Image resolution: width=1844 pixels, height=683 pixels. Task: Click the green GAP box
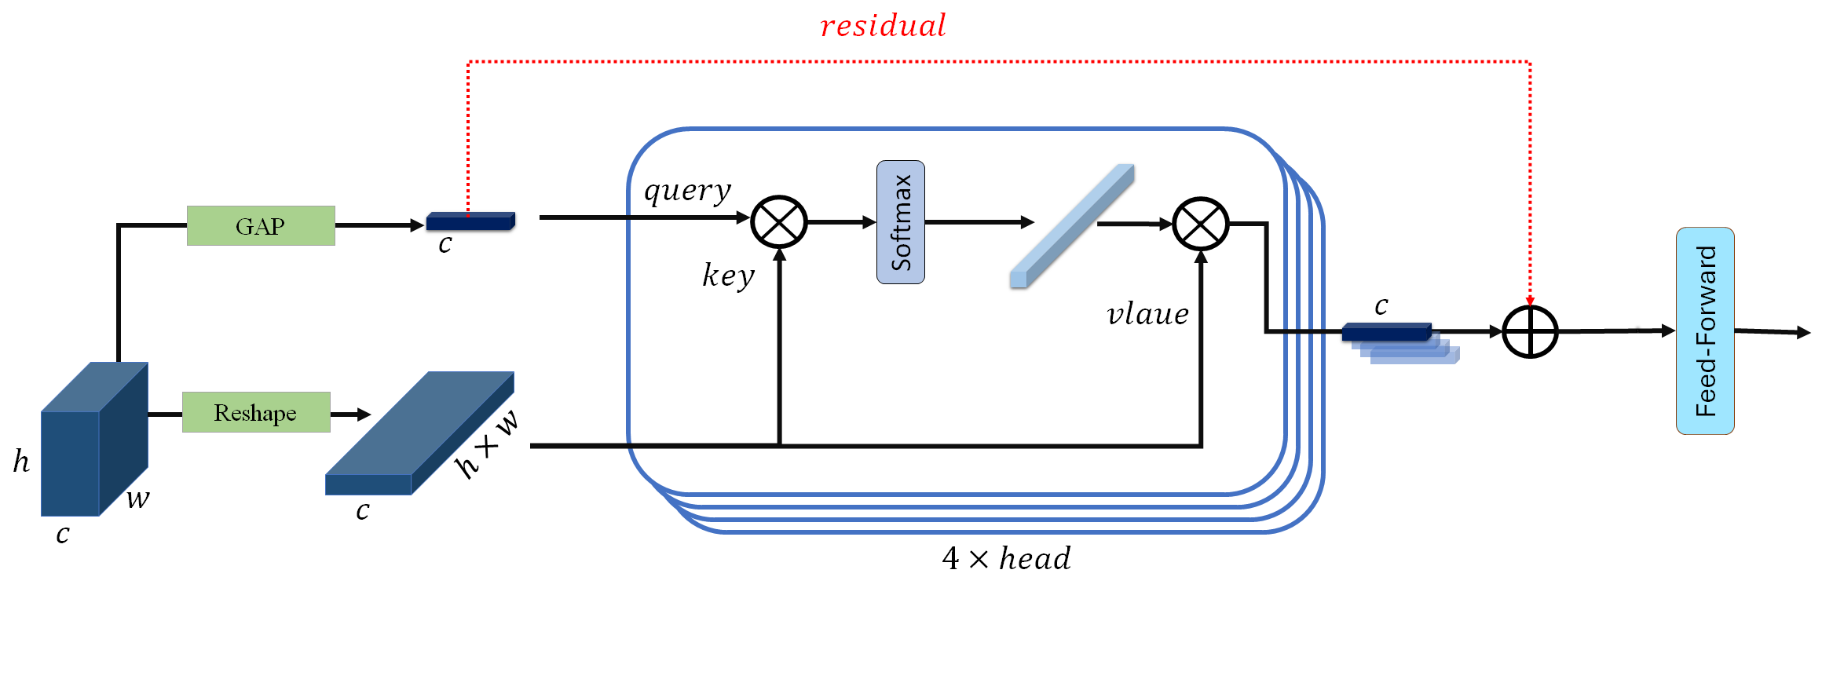tap(261, 226)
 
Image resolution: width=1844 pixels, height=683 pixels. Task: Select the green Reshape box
tap(256, 412)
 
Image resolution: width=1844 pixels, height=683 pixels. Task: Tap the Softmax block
tap(900, 222)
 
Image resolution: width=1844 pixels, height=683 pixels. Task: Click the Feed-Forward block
tap(1705, 331)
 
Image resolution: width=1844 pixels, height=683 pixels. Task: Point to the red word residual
tap(883, 26)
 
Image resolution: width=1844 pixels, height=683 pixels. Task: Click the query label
tap(687, 190)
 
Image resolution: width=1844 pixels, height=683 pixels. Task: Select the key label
tap(728, 275)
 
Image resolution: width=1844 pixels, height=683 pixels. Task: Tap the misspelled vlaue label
tap(1147, 314)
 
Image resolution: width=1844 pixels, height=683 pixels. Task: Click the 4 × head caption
tap(1006, 558)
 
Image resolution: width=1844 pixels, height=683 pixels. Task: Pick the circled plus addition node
tap(1530, 332)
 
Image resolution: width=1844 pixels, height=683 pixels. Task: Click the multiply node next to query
tap(778, 222)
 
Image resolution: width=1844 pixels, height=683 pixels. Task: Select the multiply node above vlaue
tap(1200, 224)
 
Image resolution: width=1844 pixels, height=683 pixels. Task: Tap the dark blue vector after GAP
tap(470, 221)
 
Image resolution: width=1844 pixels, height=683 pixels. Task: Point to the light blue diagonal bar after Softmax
tap(1073, 225)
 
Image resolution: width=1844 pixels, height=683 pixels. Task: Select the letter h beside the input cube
tap(21, 462)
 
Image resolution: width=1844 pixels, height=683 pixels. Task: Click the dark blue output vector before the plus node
tap(1386, 332)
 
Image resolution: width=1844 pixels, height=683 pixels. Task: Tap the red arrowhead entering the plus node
tap(1530, 301)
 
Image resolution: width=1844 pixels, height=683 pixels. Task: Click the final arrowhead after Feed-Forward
tap(1804, 333)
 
